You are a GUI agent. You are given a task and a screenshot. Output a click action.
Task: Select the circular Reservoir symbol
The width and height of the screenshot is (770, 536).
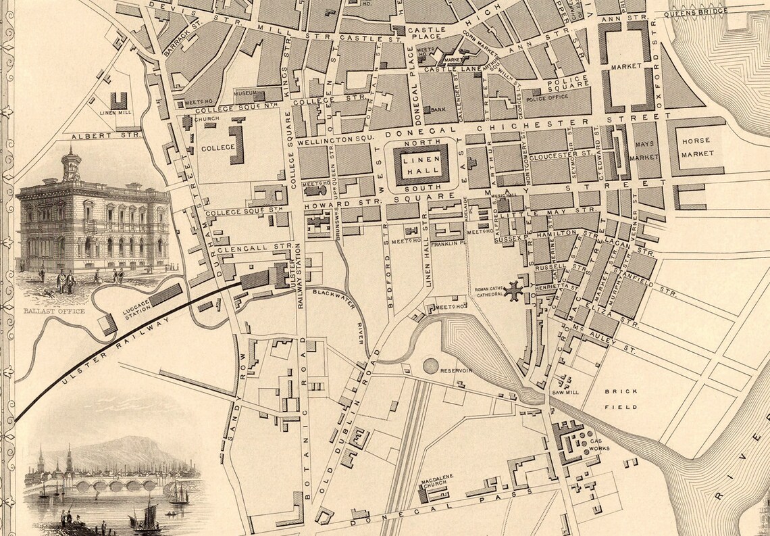click(431, 366)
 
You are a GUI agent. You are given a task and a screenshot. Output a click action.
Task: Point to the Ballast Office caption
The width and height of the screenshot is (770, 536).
click(54, 311)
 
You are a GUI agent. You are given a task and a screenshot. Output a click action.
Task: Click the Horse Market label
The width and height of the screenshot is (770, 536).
click(698, 147)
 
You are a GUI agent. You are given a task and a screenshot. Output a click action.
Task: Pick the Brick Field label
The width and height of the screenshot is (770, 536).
click(616, 399)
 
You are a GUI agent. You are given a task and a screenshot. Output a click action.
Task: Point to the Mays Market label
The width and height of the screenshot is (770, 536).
click(644, 150)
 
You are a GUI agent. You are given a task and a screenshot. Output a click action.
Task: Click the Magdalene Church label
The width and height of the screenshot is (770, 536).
click(436, 487)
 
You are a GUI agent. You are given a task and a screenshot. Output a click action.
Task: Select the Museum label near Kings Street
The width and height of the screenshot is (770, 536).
click(244, 93)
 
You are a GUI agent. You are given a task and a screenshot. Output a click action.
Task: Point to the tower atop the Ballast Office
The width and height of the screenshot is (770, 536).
click(70, 166)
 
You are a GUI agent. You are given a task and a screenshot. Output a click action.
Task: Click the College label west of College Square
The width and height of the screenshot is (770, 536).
click(217, 147)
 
